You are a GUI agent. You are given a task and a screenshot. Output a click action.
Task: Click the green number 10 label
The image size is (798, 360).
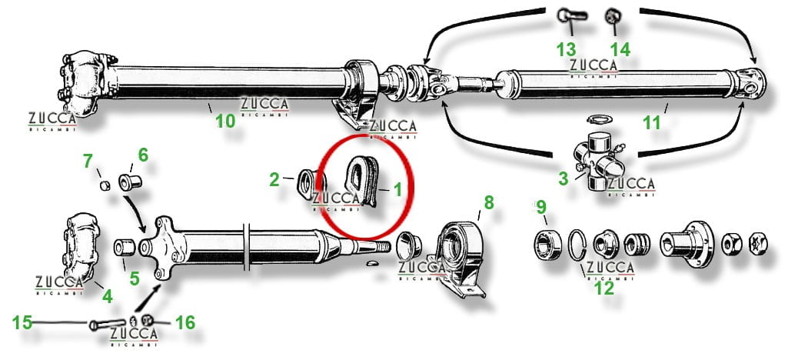tap(225, 122)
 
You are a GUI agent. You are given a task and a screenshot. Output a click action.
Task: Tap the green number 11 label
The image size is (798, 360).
tap(652, 123)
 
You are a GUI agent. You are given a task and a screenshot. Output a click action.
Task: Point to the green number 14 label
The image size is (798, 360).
tap(620, 50)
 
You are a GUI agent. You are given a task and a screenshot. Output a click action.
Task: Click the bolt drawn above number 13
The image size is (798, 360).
tap(572, 15)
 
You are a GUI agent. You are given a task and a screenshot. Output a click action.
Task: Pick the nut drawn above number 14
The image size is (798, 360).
tap(611, 16)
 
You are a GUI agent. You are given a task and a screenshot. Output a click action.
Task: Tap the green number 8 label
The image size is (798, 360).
tap(489, 202)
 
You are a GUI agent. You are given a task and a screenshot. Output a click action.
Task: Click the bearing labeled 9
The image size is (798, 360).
tap(547, 245)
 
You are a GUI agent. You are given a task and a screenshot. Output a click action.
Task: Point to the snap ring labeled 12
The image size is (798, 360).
tap(577, 245)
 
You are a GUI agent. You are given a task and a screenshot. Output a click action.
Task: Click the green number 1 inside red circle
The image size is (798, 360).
tap(397, 190)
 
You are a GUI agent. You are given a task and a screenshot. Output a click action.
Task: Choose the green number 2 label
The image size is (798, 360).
tap(274, 179)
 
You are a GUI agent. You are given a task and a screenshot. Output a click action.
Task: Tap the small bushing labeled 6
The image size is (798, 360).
tap(130, 180)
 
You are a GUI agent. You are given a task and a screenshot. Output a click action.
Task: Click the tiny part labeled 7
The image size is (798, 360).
tap(105, 185)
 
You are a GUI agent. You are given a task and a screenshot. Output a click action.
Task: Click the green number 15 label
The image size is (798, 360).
tap(22, 322)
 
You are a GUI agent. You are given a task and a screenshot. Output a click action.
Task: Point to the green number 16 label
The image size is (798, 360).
tap(185, 322)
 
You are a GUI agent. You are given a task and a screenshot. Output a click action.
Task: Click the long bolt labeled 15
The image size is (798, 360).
tap(108, 324)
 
